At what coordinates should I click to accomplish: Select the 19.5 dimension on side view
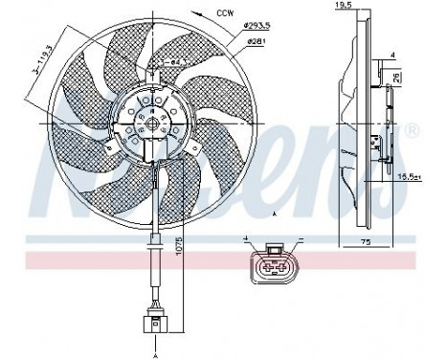tap(342, 6)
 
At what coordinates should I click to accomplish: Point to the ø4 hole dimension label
tap(173, 61)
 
